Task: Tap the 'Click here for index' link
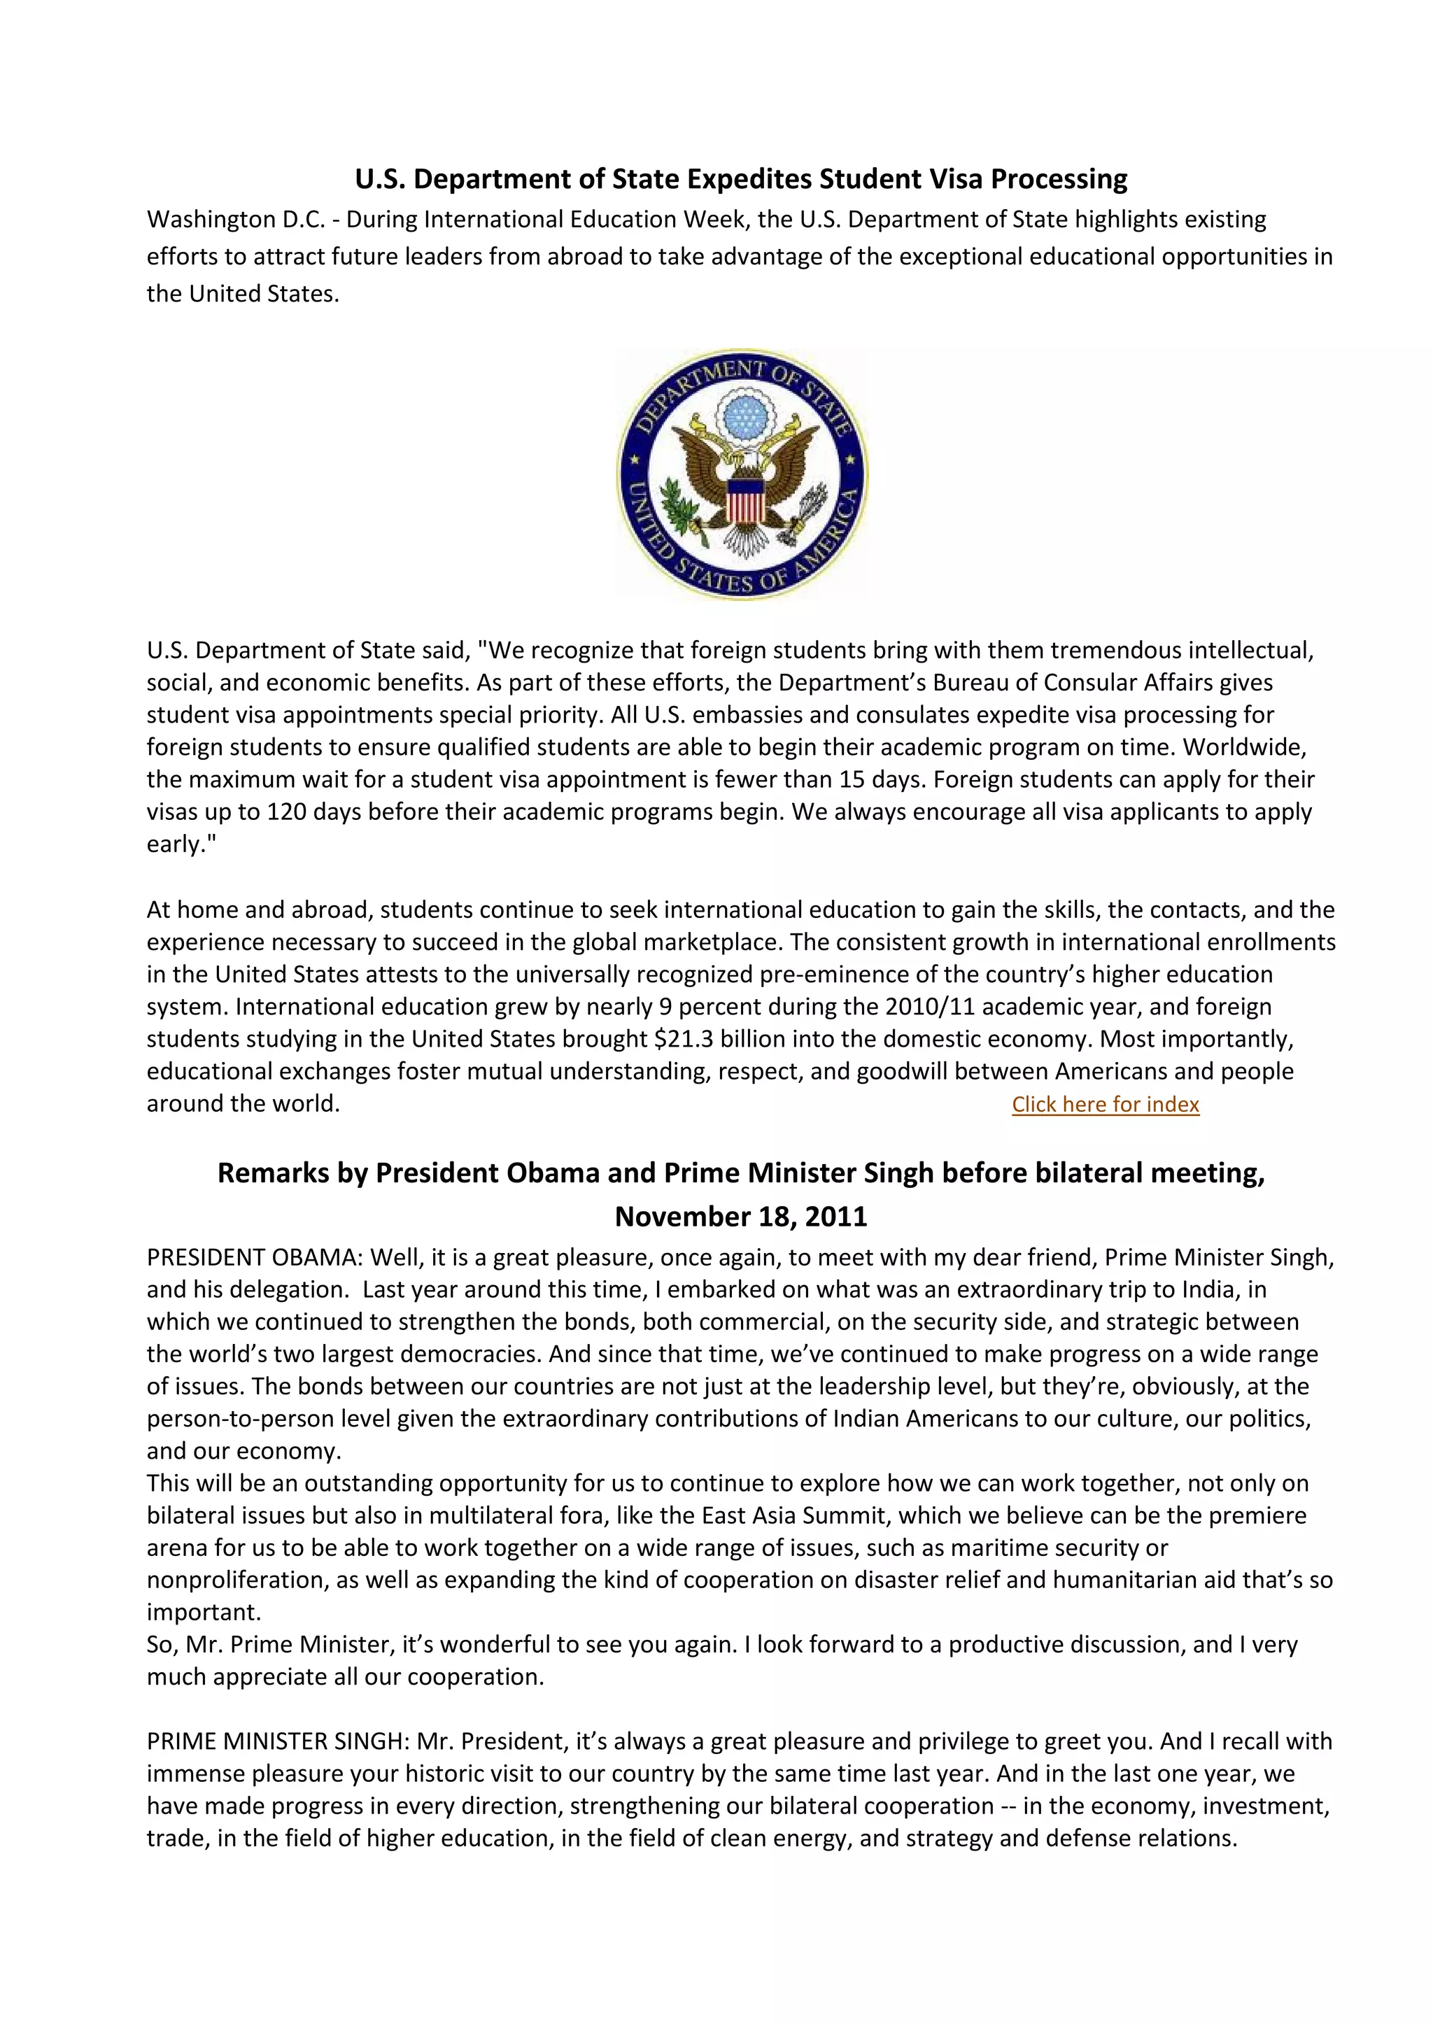coord(1105,1105)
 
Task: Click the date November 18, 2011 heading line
coord(740,1217)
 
